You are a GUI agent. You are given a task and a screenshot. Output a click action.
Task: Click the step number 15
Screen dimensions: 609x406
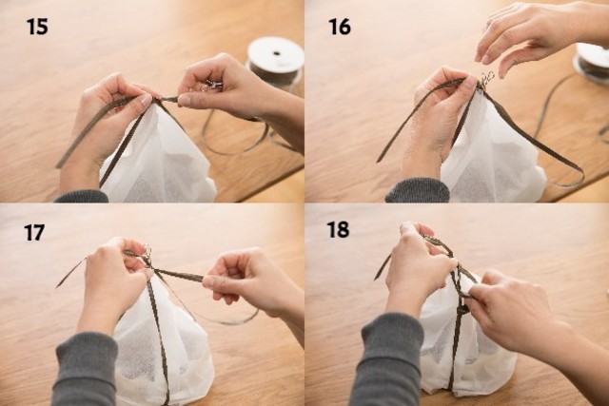point(37,27)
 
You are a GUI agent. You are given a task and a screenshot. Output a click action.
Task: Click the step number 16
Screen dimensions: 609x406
point(340,27)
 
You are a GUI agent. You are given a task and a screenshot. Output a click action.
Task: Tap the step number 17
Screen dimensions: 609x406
point(34,233)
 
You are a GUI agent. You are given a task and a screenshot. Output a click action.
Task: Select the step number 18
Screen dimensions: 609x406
point(338,229)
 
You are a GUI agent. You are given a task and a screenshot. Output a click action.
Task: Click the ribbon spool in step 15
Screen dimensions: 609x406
point(276,62)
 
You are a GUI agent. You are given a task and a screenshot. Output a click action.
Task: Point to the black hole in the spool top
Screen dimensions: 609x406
point(277,53)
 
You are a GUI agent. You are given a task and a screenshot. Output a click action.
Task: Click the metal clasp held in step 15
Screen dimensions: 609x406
point(211,86)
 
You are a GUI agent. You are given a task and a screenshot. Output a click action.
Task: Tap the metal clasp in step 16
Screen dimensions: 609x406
point(486,78)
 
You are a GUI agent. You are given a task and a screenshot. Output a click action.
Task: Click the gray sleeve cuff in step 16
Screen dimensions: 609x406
point(418,190)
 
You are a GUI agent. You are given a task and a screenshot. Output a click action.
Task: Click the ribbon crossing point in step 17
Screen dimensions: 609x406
point(152,268)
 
